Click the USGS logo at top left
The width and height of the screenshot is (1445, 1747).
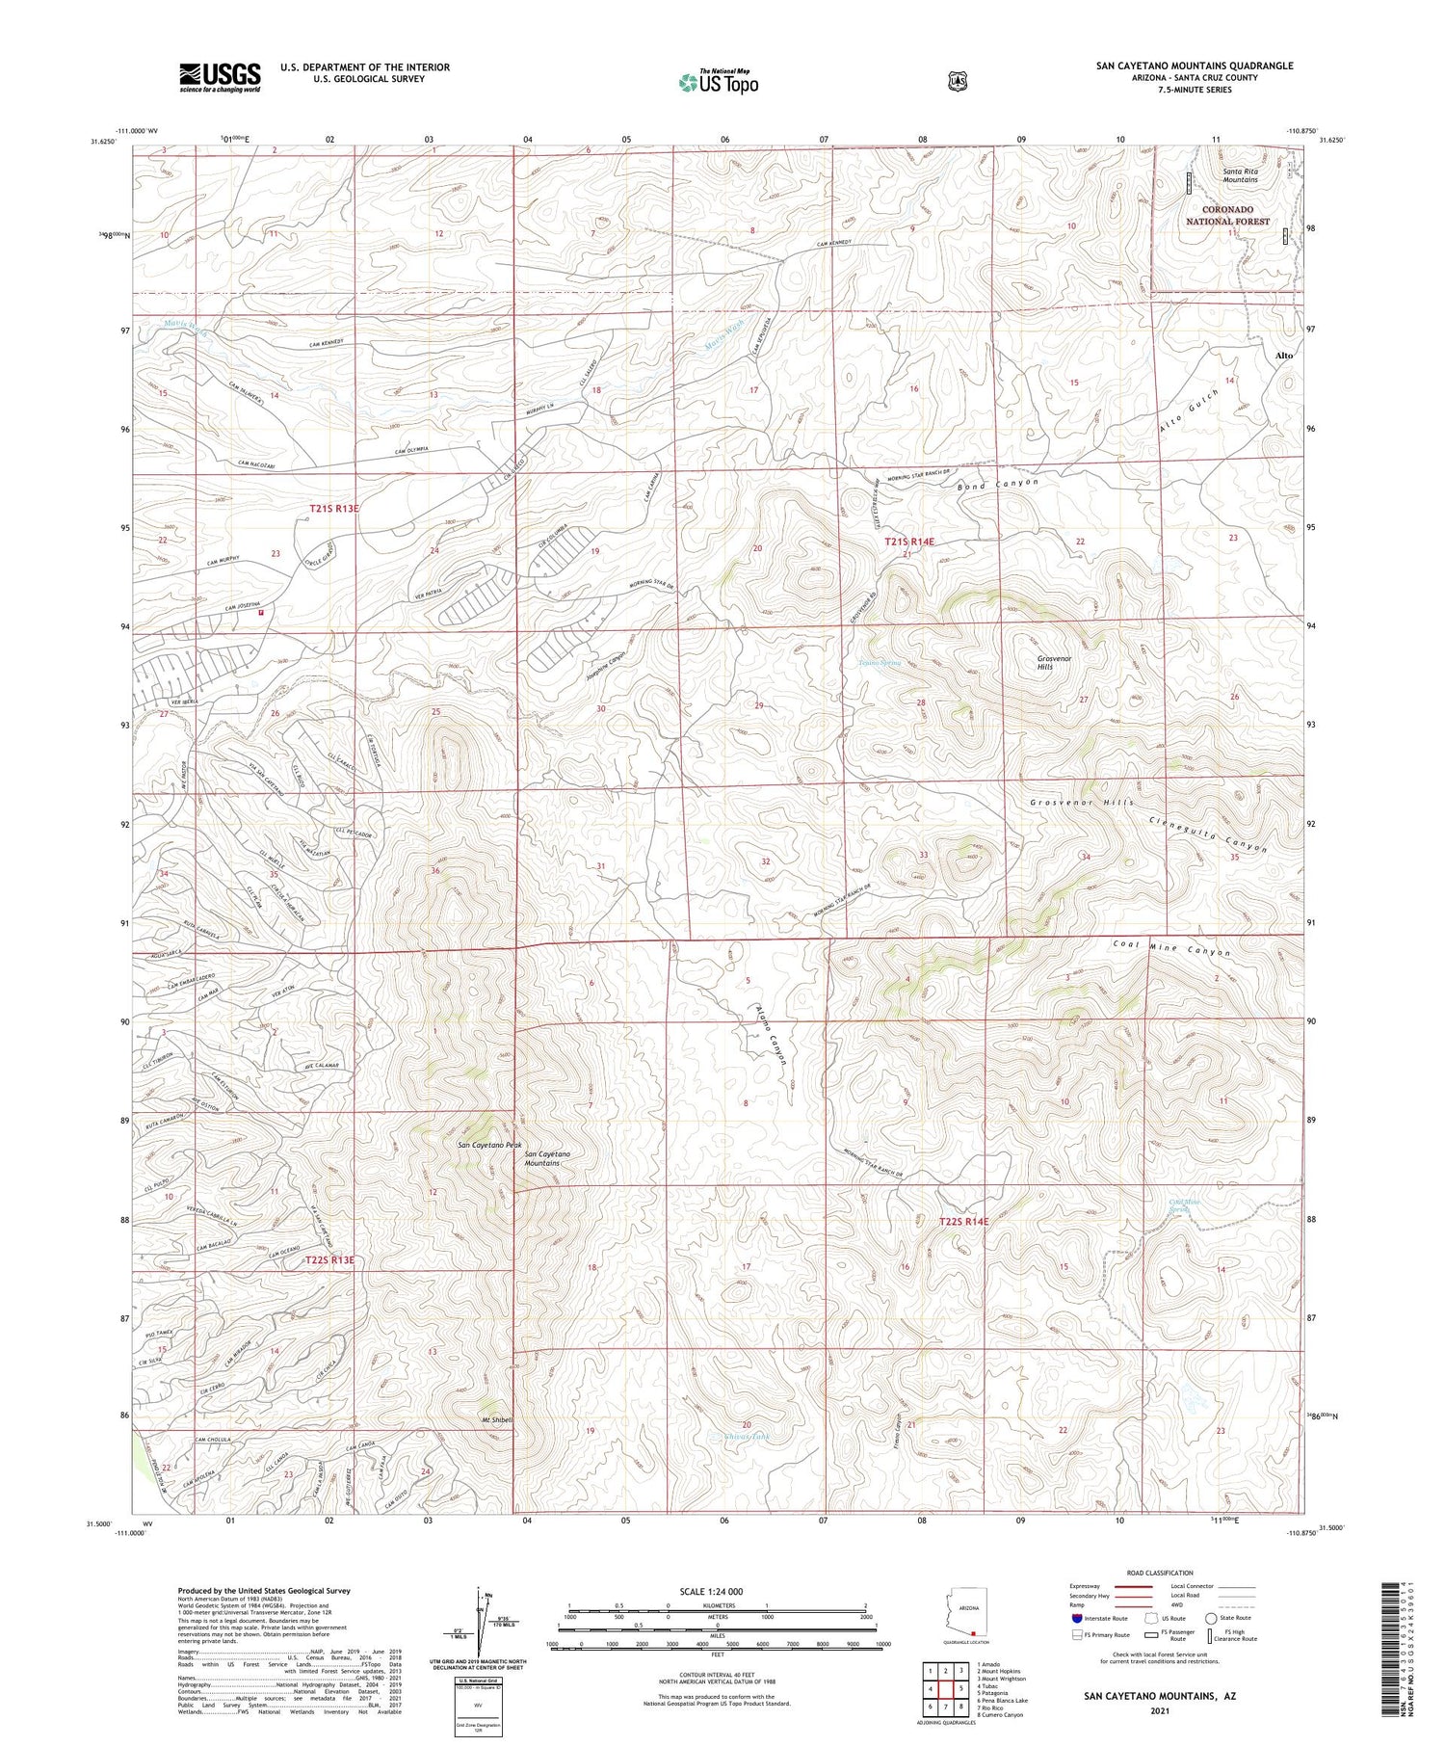pyautogui.click(x=220, y=77)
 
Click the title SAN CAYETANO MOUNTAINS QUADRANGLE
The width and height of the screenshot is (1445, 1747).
pyautogui.click(x=1194, y=66)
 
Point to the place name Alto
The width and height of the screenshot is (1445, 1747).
pyautogui.click(x=1283, y=356)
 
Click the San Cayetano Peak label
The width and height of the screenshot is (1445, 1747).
pyautogui.click(x=488, y=1145)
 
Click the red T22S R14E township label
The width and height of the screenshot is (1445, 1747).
pyautogui.click(x=963, y=1221)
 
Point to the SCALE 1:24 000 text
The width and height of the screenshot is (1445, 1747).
pyautogui.click(x=711, y=1591)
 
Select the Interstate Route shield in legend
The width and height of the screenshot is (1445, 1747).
pyautogui.click(x=1076, y=1618)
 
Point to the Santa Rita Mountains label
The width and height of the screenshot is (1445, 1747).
pyautogui.click(x=1240, y=175)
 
